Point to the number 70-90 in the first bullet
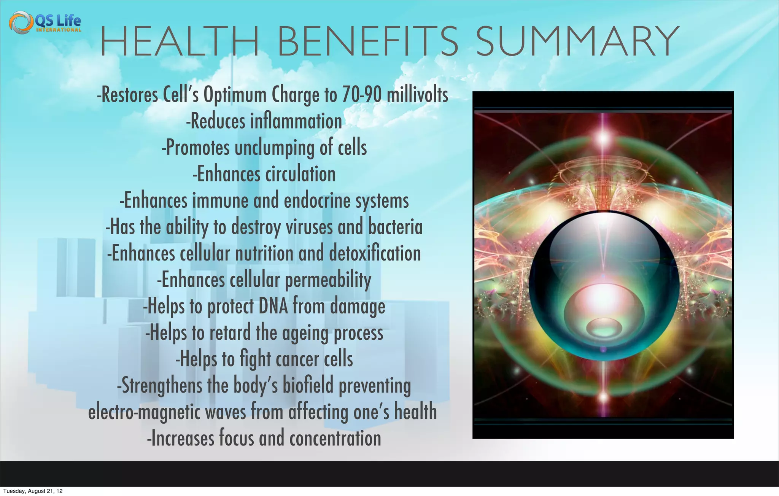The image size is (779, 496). coord(362,95)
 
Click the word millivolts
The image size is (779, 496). coord(417,95)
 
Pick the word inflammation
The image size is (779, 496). coord(296,121)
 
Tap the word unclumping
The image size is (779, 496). coord(274,148)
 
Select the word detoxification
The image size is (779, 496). coord(375,253)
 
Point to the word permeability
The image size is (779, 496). coord(328,280)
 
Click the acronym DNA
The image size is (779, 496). coord(273,306)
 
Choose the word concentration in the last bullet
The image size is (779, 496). coord(335,438)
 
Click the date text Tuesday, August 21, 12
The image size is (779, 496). coord(33,491)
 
